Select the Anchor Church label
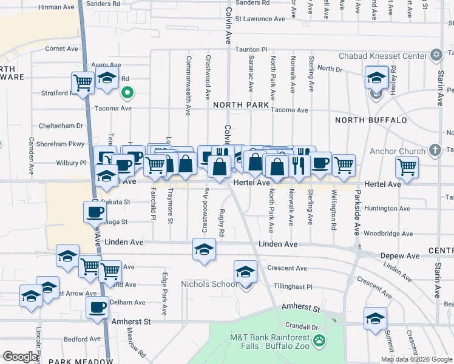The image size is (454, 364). coord(398,151)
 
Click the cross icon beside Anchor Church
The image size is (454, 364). coord(434,149)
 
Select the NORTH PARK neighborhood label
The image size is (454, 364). coord(241,105)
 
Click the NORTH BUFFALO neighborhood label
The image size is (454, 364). coord(371,120)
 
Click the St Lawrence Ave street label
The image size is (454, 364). coord(260,19)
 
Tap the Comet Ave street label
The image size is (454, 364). coord(62,49)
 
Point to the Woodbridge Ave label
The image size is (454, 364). coord(388,233)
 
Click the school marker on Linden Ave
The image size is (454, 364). coord(204,249)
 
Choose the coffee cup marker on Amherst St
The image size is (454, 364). coord(97,307)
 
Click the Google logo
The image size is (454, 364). coord(21,357)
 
